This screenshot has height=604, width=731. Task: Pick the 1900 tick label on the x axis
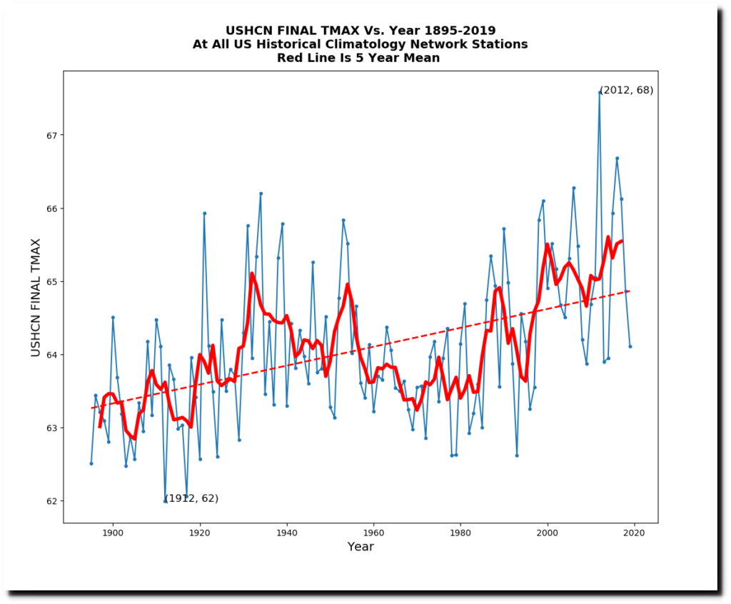coord(112,533)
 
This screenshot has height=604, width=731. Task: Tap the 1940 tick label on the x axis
coord(286,533)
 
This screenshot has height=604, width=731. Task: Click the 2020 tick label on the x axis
coord(635,533)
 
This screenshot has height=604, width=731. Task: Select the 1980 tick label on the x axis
coord(460,533)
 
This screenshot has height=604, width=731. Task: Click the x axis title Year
coord(361,547)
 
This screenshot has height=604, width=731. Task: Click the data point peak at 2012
coord(600,92)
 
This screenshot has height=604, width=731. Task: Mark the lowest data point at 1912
coord(165,501)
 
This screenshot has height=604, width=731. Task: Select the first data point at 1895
coord(91,463)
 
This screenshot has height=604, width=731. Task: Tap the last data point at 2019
coord(630,346)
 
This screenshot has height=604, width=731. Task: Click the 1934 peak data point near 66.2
coord(261,193)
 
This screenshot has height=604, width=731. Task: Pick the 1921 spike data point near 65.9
coord(204,213)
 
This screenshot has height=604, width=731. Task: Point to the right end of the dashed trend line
coord(630,291)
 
